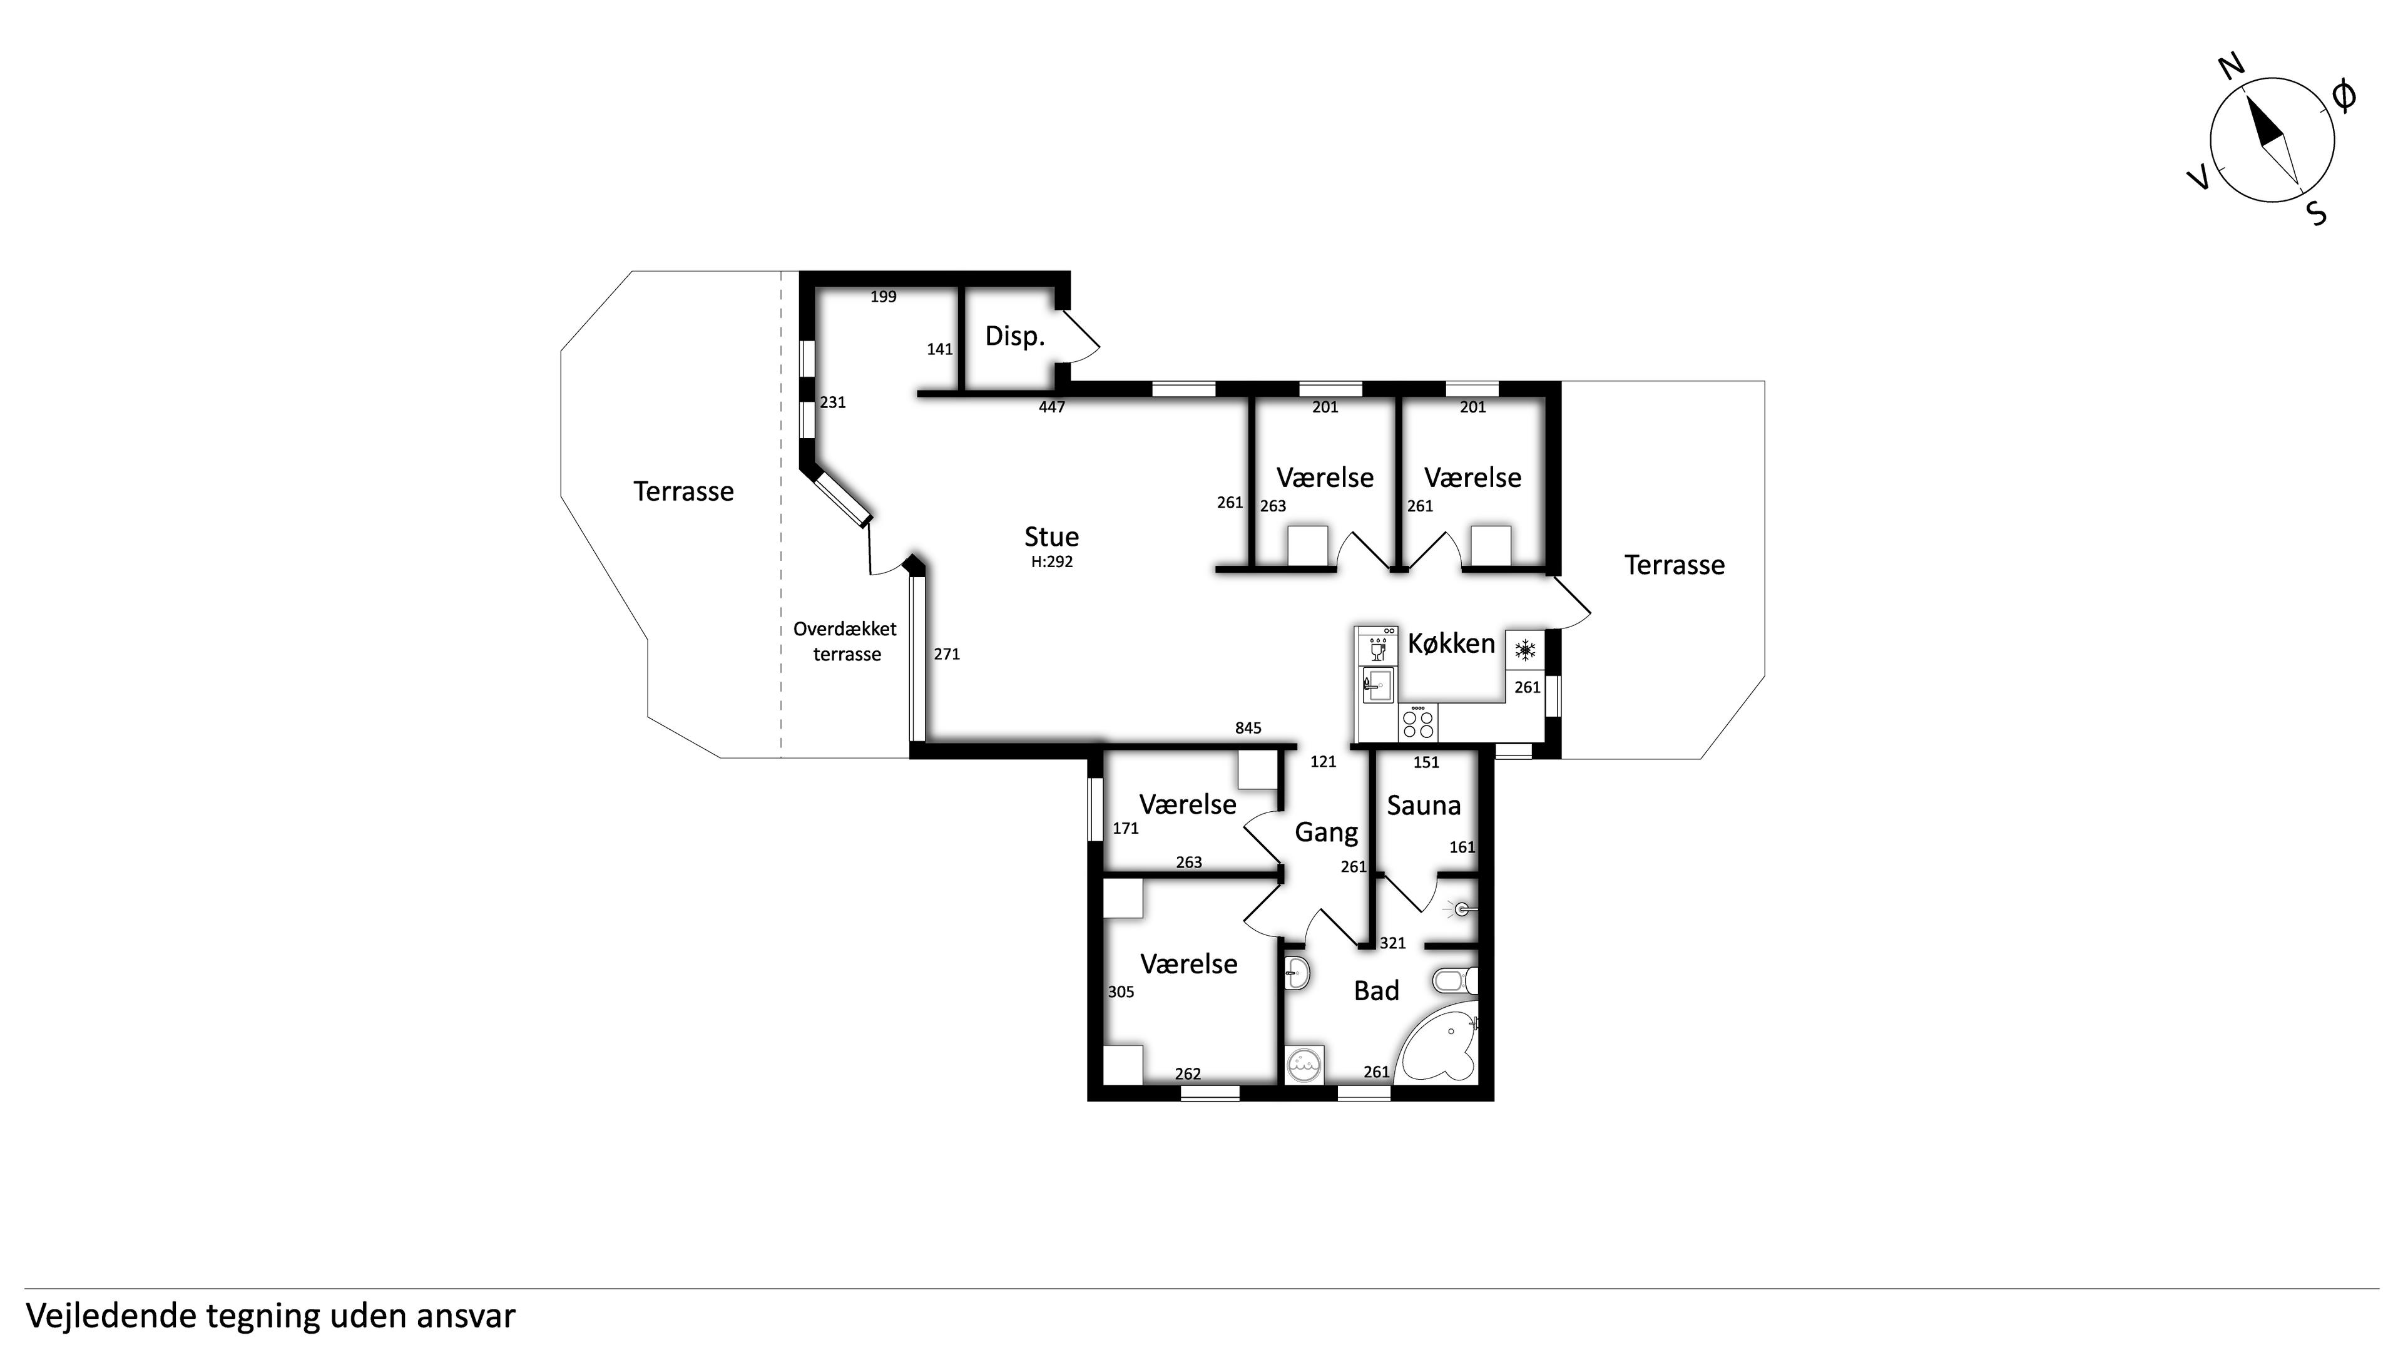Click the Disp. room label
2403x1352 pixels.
click(x=1015, y=336)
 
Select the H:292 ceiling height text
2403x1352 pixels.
click(x=1051, y=561)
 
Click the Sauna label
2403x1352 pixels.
click(x=1424, y=805)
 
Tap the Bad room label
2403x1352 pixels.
click(x=1377, y=991)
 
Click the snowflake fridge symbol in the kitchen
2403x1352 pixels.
click(x=1525, y=650)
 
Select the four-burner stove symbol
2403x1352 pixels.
click(x=1418, y=723)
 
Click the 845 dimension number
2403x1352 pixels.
click(x=1248, y=729)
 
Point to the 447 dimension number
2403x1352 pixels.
click(x=1051, y=407)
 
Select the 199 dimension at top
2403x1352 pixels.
click(x=884, y=297)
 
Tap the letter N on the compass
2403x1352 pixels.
click(x=2230, y=67)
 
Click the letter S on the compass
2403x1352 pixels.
click(x=2316, y=213)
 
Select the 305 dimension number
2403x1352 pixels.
click(x=1121, y=992)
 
